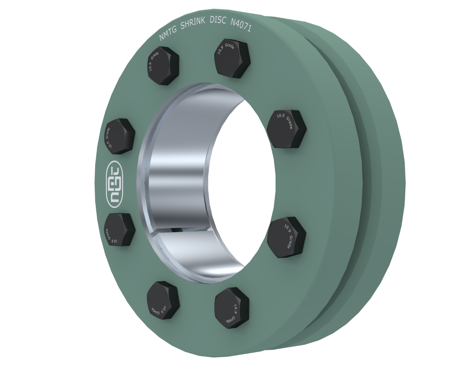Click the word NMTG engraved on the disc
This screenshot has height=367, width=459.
click(x=168, y=33)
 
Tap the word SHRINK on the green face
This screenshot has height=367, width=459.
click(x=193, y=24)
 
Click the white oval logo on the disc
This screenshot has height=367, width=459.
click(x=115, y=184)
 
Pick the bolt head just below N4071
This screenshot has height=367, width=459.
click(x=232, y=58)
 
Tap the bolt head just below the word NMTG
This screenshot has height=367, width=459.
click(x=163, y=66)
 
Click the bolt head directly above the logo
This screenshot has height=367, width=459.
click(x=120, y=136)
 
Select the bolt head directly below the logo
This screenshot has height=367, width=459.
click(x=119, y=229)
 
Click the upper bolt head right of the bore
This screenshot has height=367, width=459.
click(x=287, y=129)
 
